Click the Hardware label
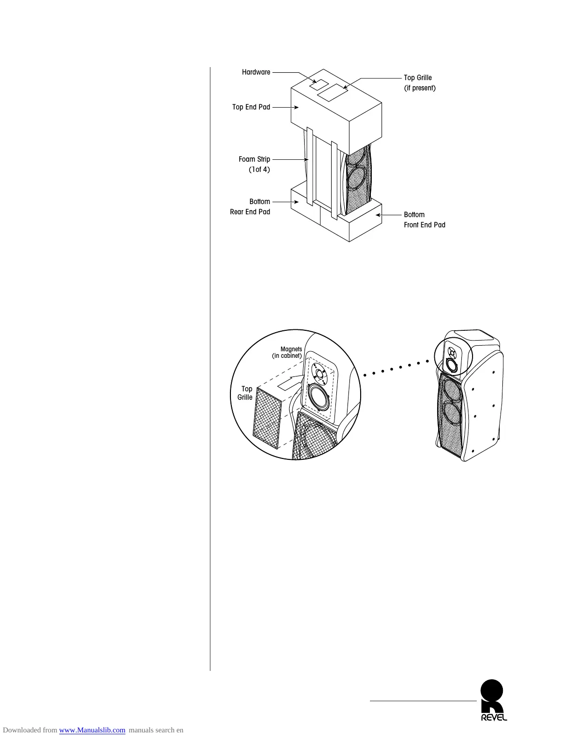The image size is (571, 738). (x=256, y=72)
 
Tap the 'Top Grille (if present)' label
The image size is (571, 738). (x=419, y=83)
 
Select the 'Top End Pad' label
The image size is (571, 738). (x=251, y=107)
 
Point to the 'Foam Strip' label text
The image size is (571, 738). (x=254, y=159)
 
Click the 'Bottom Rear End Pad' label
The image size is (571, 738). (x=250, y=207)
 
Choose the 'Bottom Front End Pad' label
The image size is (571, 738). (x=424, y=220)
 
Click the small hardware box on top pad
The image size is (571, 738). (x=320, y=85)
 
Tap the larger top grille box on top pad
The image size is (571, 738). (x=333, y=92)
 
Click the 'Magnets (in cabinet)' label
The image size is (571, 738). (x=288, y=352)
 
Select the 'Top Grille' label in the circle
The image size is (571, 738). (x=245, y=393)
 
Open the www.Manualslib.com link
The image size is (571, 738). (x=92, y=730)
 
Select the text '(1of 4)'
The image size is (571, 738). (x=259, y=170)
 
